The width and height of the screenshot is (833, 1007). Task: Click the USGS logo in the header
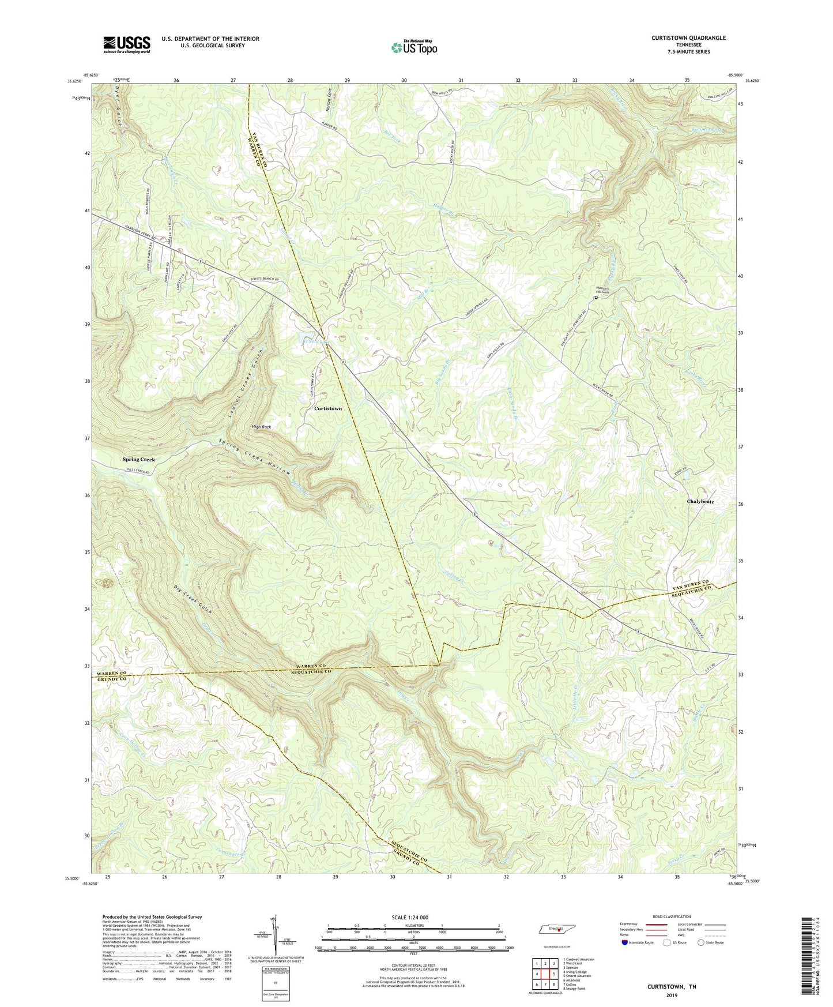(x=126, y=44)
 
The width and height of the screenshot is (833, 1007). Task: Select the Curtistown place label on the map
(x=327, y=408)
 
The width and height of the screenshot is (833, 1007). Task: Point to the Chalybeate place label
(x=700, y=502)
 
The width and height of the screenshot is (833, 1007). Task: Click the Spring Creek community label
(x=138, y=460)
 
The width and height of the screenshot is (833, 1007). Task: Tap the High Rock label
(x=261, y=427)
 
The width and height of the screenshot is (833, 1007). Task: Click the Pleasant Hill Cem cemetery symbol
(x=597, y=298)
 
